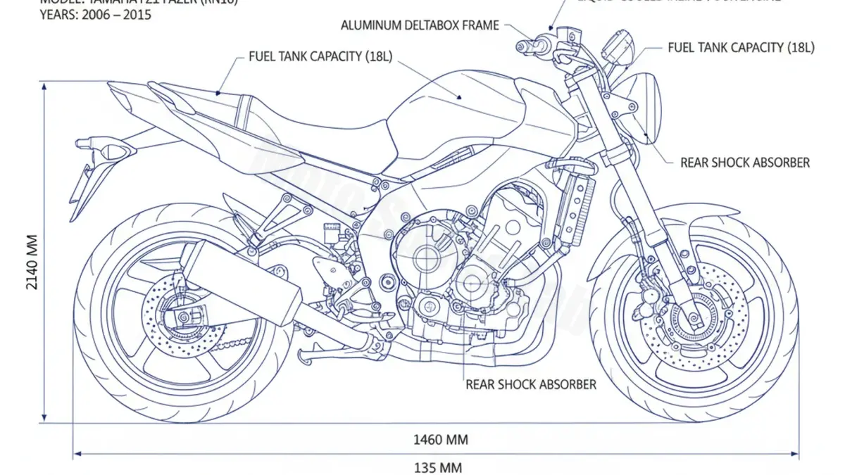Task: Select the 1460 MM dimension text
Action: pos(440,441)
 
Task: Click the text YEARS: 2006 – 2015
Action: pos(95,14)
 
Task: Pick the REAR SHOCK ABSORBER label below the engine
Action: pos(531,384)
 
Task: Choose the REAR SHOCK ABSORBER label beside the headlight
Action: pos(745,163)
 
